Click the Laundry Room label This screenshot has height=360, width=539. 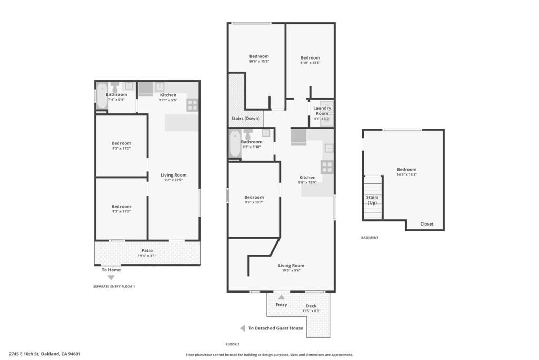[322, 111]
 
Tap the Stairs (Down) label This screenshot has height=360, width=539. [245, 119]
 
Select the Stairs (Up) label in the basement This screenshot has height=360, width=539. [372, 200]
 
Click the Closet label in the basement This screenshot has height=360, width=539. [427, 224]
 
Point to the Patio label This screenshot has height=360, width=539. [147, 250]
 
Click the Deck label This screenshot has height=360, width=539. [312, 306]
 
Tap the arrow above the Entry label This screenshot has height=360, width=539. [281, 297]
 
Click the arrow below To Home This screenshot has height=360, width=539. [111, 278]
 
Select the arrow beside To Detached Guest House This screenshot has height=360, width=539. [242, 328]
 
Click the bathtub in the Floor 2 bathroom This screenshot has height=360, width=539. [235, 144]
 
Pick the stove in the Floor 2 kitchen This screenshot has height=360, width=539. [327, 168]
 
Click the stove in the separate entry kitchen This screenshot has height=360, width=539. [192, 105]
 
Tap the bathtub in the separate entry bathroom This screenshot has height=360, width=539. [102, 95]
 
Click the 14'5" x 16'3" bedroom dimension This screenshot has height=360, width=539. [406, 174]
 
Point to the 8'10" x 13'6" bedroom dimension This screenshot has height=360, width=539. [310, 63]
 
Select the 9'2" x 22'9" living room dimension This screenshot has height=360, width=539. [174, 180]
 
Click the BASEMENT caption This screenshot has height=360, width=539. [370, 238]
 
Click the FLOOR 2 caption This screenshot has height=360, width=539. [233, 344]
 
